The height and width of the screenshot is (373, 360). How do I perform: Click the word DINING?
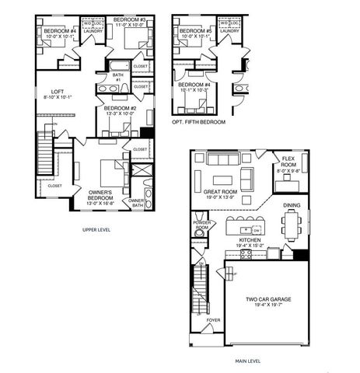(292, 205)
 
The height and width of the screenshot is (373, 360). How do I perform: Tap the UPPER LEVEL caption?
(100, 230)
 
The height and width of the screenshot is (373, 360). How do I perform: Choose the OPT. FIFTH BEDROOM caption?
(198, 122)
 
